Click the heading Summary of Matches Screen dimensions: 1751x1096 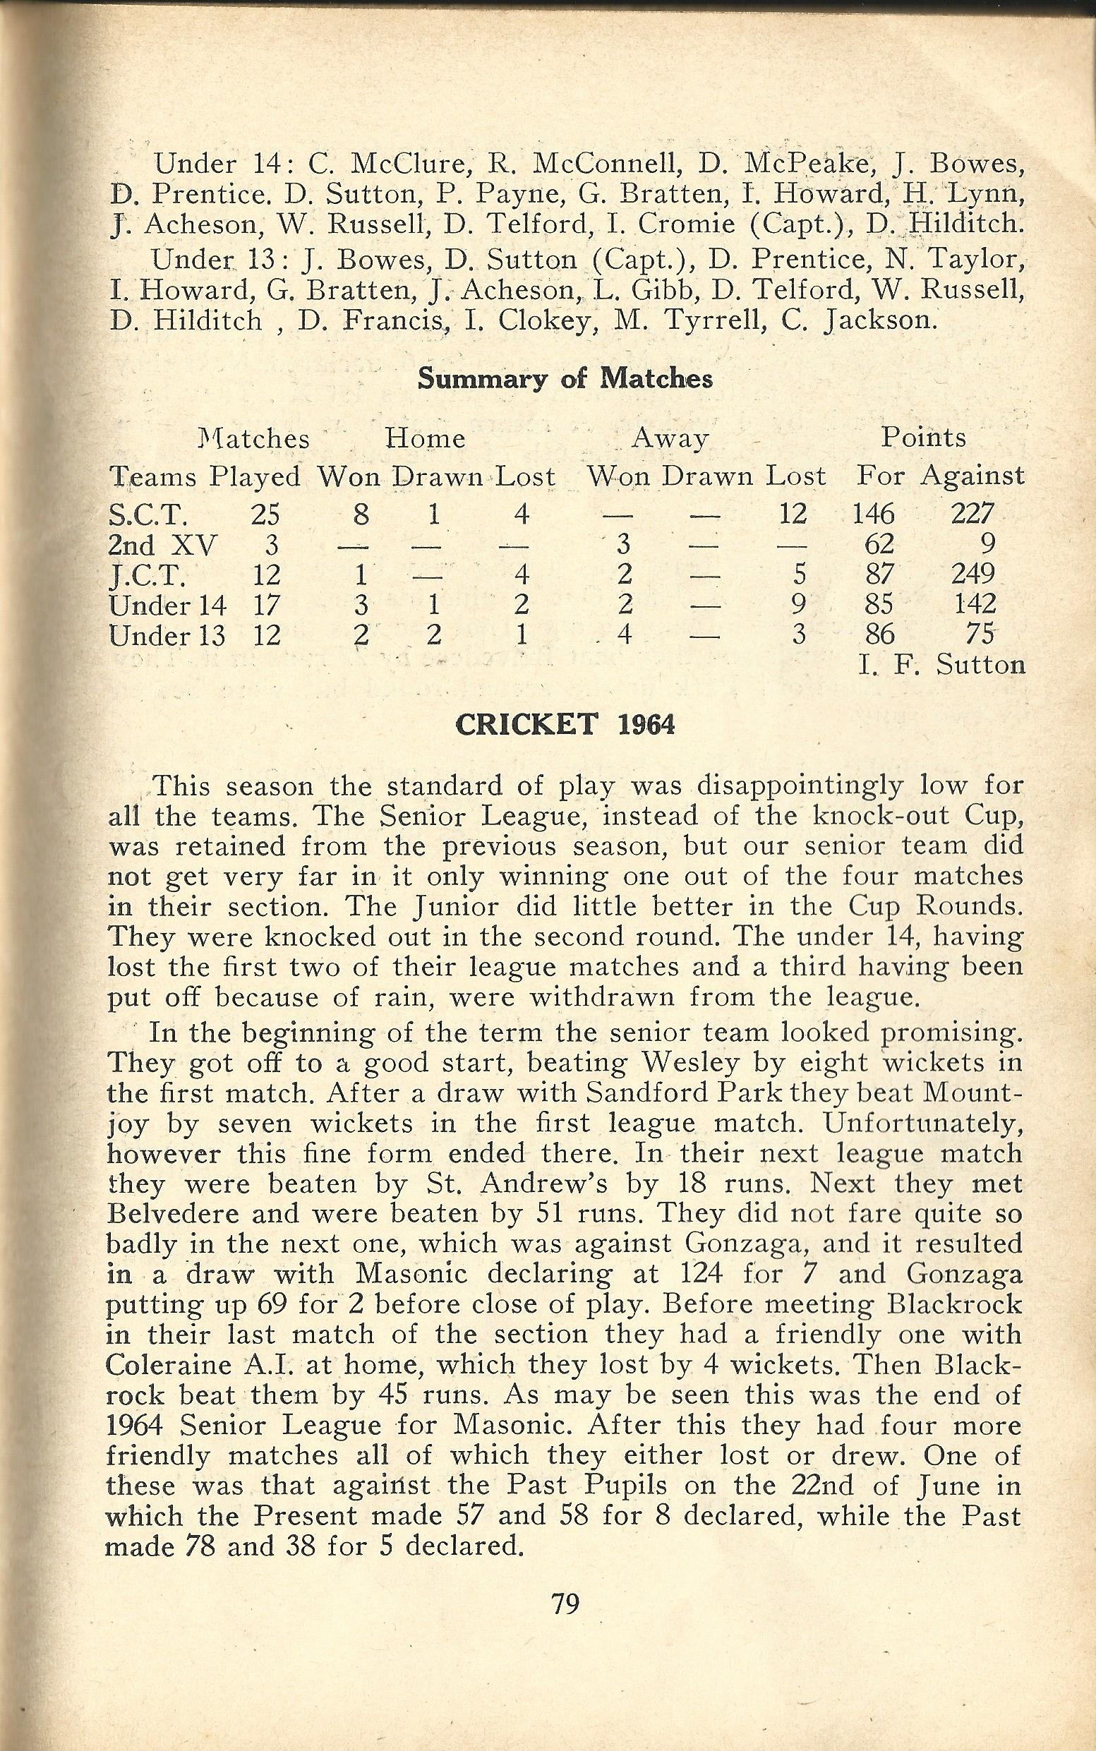click(565, 380)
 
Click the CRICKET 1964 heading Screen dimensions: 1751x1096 click(565, 726)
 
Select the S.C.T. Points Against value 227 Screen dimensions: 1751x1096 click(971, 515)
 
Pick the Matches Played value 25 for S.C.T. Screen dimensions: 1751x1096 click(265, 515)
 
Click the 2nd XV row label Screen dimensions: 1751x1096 click(162, 544)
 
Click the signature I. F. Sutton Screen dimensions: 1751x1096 click(941, 665)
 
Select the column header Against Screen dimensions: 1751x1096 click(972, 476)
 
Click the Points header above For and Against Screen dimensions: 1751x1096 click(924, 438)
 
